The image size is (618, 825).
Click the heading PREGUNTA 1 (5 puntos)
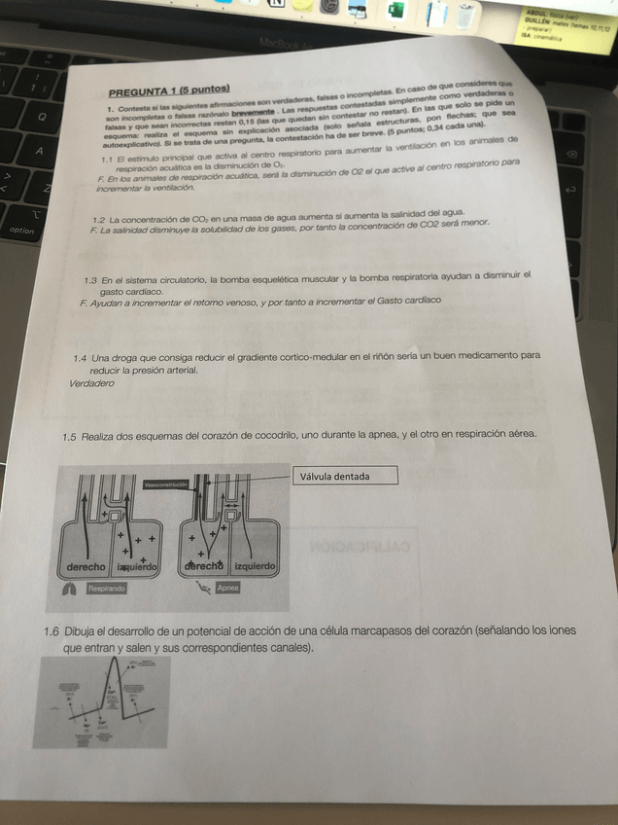click(x=162, y=93)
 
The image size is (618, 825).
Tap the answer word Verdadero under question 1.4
click(x=92, y=383)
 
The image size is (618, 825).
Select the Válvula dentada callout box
click(x=345, y=476)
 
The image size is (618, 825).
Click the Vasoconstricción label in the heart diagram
click(x=167, y=484)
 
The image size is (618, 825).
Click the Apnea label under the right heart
click(x=228, y=588)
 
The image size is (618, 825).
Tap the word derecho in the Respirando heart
click(x=86, y=566)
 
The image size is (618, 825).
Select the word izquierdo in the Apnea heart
click(x=256, y=565)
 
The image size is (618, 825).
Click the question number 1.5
click(x=68, y=438)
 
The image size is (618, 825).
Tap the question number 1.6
click(x=51, y=630)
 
